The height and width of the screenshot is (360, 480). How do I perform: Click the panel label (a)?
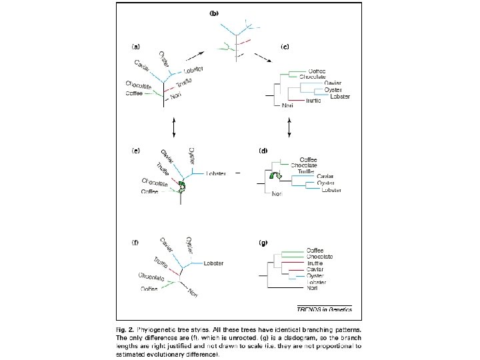point(136,47)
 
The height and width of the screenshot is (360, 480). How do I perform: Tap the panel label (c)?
point(285,47)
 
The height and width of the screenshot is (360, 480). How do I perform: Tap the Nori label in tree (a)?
point(177,97)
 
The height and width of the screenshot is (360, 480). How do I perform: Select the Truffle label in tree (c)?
point(314,101)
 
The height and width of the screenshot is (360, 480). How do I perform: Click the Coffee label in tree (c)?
point(317,71)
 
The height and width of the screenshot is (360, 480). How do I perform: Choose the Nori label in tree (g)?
point(313,287)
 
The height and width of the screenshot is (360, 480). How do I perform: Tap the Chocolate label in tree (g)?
point(319,257)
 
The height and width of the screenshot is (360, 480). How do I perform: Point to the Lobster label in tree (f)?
point(213,263)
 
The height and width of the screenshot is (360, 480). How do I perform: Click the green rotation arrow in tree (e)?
point(181,189)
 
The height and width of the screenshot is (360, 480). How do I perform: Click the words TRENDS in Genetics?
point(323,309)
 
